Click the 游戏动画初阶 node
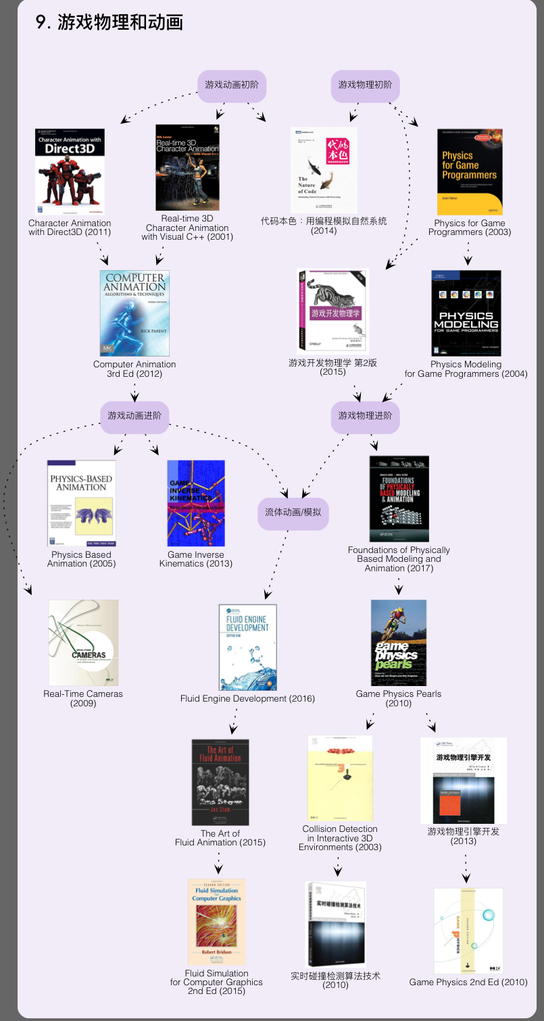tap(232, 86)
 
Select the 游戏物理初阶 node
tap(365, 86)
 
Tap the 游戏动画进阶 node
tap(134, 416)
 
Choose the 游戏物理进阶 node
tap(365, 416)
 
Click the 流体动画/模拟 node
tap(293, 513)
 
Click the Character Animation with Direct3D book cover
tap(70, 172)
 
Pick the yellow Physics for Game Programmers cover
tap(470, 172)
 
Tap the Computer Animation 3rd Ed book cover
tap(134, 313)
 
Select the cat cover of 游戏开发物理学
tap(332, 311)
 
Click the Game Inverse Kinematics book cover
tap(196, 503)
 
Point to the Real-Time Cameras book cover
tap(83, 642)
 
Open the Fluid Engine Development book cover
tap(247, 647)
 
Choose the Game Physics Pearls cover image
tap(399, 642)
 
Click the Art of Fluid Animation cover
tap(220, 782)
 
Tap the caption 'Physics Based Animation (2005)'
tap(81, 559)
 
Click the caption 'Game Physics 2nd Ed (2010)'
tap(468, 982)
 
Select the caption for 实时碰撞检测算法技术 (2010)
tap(336, 980)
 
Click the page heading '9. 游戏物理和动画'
tap(109, 22)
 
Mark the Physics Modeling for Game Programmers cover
tap(466, 313)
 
